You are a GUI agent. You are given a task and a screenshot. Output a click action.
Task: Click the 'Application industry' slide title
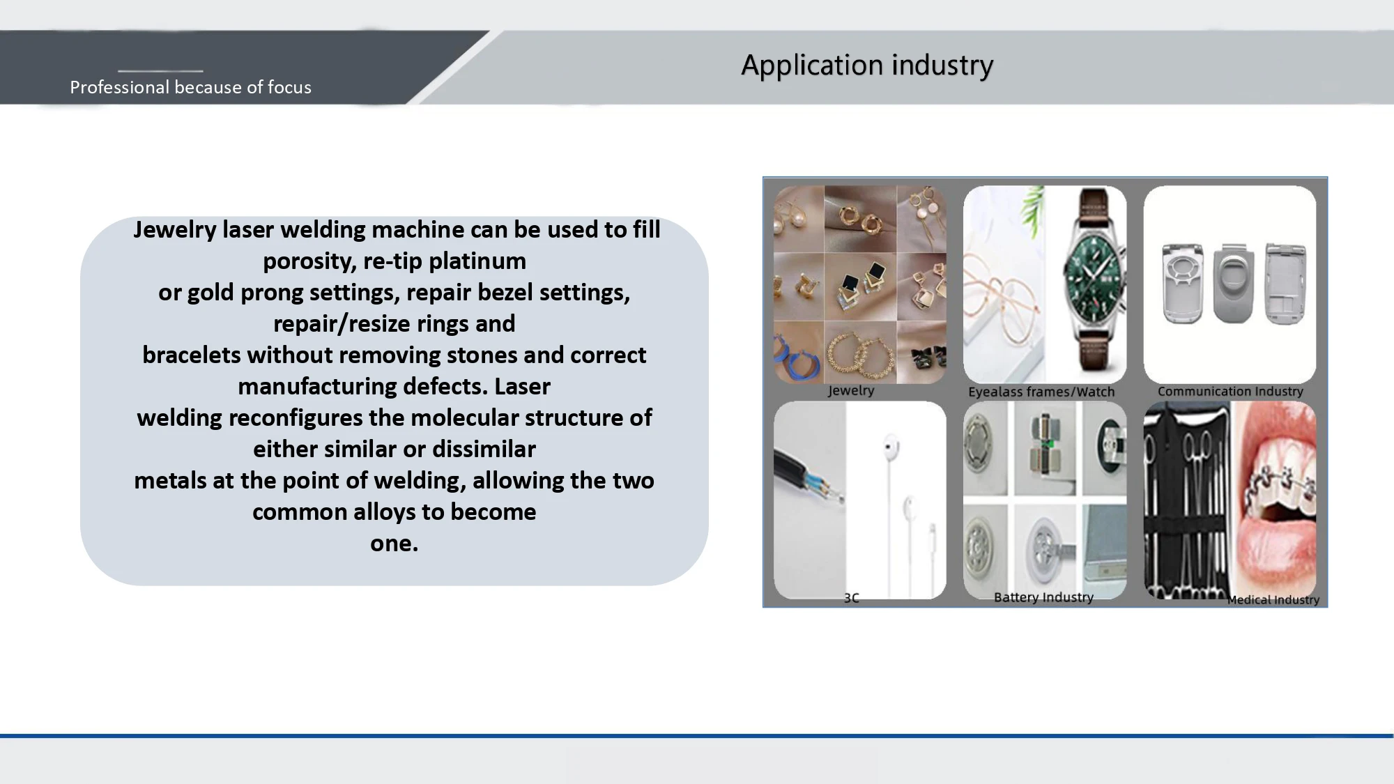click(x=867, y=66)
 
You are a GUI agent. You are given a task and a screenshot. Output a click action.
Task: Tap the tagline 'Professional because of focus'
click(x=190, y=87)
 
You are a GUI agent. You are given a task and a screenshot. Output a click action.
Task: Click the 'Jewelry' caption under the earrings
click(x=851, y=390)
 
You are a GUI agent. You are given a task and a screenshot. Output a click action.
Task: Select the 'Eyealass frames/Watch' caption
click(x=1041, y=392)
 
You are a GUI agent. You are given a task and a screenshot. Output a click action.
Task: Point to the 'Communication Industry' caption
click(x=1230, y=392)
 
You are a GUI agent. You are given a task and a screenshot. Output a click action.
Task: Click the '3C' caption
click(x=852, y=598)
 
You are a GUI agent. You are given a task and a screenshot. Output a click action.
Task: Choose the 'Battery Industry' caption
click(x=1043, y=597)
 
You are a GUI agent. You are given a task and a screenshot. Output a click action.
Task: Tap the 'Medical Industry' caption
click(x=1273, y=600)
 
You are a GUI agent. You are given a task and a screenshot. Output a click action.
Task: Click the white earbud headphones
click(x=899, y=502)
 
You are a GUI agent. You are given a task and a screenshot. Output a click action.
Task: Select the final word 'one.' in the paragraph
click(x=395, y=544)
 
